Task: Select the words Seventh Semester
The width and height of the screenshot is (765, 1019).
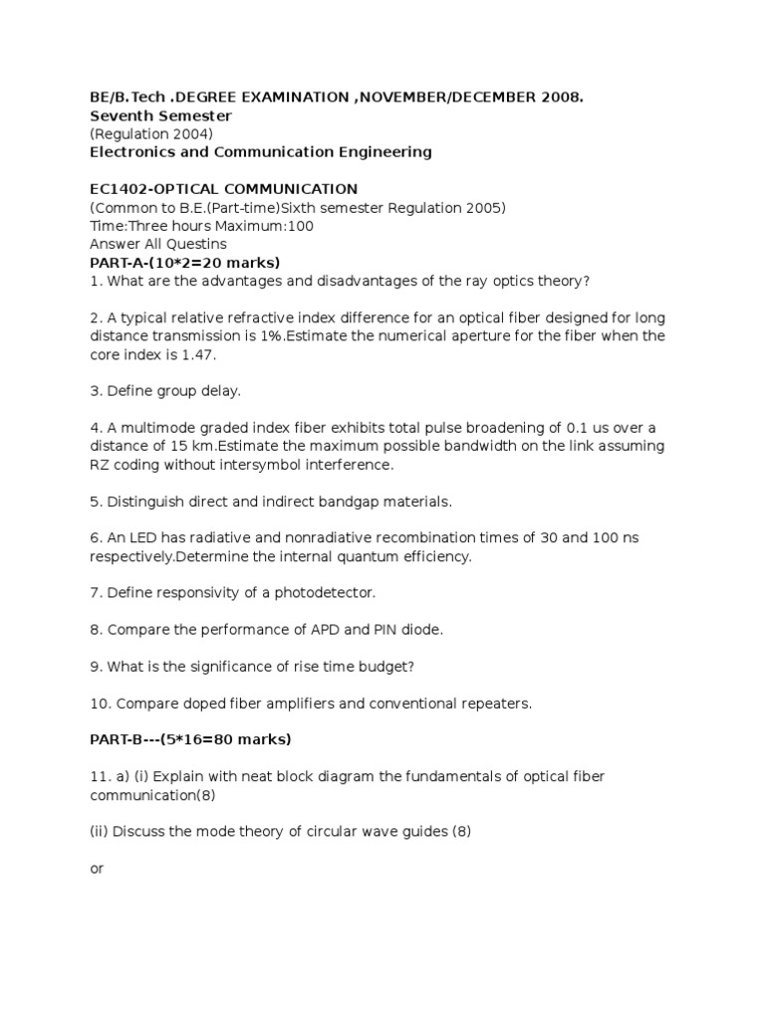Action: click(x=160, y=115)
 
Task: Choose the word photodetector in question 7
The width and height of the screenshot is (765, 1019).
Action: click(x=324, y=592)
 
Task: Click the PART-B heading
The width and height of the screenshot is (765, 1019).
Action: click(x=189, y=739)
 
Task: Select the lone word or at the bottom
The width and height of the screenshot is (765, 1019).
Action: click(x=97, y=868)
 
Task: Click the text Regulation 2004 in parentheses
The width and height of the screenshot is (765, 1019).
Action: click(x=151, y=134)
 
